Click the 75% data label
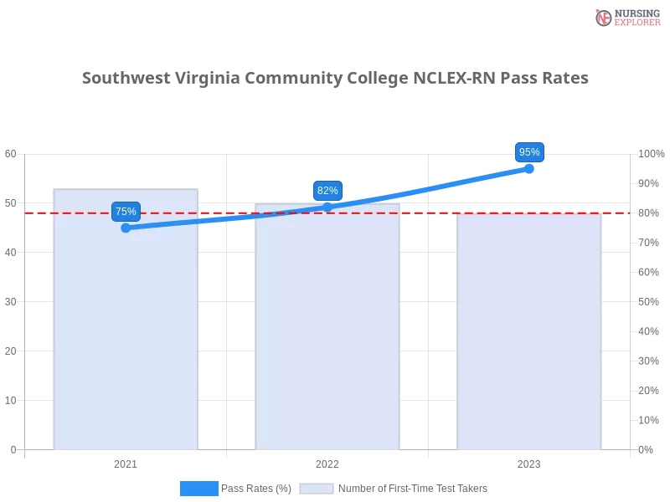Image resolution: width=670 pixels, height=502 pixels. click(126, 212)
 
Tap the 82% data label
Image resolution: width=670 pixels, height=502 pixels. click(327, 191)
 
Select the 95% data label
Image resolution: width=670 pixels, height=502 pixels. click(529, 152)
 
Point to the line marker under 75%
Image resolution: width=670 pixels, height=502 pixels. click(126, 228)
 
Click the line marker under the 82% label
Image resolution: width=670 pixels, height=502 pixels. click(327, 207)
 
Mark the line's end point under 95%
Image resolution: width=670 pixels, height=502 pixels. click(529, 168)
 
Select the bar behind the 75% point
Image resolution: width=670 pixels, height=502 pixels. click(124, 335)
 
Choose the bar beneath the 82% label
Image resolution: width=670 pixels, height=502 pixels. click(327, 335)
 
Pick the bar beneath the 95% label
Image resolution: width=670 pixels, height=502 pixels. click(529, 335)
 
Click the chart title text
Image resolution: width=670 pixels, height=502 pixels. click(335, 78)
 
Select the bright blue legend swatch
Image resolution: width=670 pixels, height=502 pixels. click(199, 489)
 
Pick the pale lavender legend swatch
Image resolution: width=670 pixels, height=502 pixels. click(317, 489)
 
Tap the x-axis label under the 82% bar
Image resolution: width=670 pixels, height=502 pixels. click(327, 462)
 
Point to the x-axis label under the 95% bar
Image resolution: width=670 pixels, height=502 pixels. click(529, 462)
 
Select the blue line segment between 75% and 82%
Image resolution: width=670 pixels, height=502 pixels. click(226, 218)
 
